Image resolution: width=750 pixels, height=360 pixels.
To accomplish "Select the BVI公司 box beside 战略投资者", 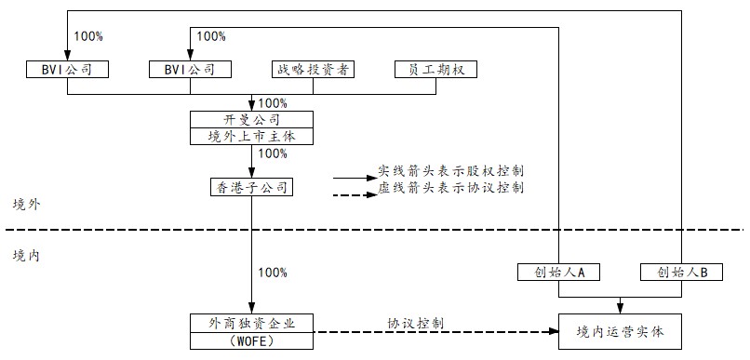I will click(x=189, y=69).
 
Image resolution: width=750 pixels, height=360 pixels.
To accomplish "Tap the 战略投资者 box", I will click(x=312, y=69).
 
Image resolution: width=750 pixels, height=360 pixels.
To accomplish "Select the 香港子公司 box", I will click(x=251, y=188).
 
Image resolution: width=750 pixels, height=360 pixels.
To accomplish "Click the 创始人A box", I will click(x=557, y=273).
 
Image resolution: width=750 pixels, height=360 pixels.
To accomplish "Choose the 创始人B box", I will click(x=682, y=273).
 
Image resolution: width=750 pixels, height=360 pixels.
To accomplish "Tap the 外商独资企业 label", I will click(x=251, y=323).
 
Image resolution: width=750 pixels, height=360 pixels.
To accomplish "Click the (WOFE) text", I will click(x=251, y=340).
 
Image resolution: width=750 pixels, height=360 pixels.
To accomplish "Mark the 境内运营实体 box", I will click(x=620, y=330).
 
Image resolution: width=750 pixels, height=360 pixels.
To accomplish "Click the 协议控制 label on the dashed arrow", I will click(x=415, y=323).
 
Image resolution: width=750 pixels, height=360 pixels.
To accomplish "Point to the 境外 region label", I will click(x=26, y=204).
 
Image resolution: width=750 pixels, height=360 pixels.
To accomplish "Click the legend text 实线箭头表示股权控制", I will click(x=450, y=171).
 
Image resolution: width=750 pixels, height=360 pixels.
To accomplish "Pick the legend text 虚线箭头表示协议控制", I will click(x=450, y=188).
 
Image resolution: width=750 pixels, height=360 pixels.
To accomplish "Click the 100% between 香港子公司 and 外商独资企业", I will click(x=273, y=273).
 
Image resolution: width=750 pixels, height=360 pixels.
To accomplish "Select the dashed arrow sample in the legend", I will click(x=351, y=194).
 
